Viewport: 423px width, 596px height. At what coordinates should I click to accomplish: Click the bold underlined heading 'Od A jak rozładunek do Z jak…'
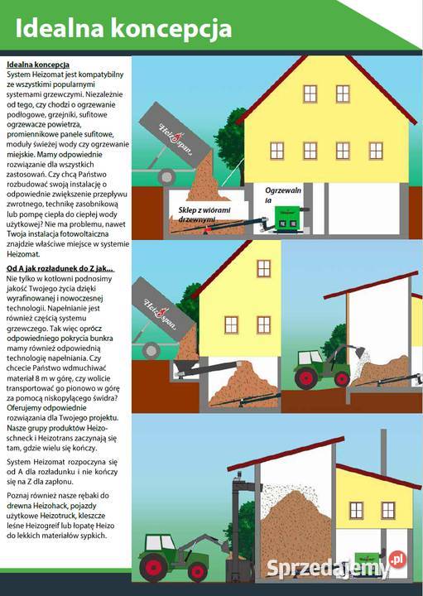(59, 269)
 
